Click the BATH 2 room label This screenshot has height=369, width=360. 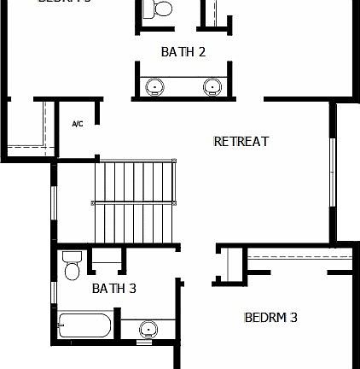pyautogui.click(x=183, y=52)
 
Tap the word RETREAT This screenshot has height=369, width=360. pyautogui.click(x=241, y=142)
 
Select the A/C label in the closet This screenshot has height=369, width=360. pyautogui.click(x=77, y=125)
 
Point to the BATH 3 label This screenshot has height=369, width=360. pyautogui.click(x=114, y=289)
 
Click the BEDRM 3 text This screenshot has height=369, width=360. pyautogui.click(x=271, y=318)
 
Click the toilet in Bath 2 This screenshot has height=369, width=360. pyautogui.click(x=159, y=9)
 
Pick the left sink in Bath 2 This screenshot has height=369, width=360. pyautogui.click(x=156, y=86)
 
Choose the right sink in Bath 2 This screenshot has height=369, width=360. pyautogui.click(x=212, y=86)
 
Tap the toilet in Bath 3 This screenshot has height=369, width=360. pyautogui.click(x=72, y=266)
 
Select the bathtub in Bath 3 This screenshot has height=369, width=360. pyautogui.click(x=84, y=325)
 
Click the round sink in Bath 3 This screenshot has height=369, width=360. pyautogui.click(x=148, y=329)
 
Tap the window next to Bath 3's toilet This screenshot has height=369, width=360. pyautogui.click(x=54, y=290)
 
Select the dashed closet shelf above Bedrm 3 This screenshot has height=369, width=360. pyautogui.click(x=299, y=255)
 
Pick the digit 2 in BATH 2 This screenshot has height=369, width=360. pyautogui.click(x=201, y=52)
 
